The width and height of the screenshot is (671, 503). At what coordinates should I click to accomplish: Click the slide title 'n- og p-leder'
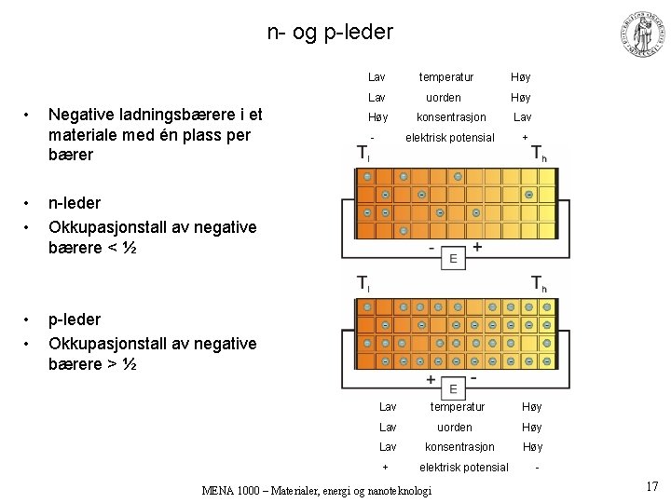pyautogui.click(x=330, y=33)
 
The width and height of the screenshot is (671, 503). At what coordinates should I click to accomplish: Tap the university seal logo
pyautogui.click(x=642, y=34)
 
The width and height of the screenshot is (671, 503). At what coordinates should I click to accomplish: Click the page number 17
pyautogui.click(x=651, y=485)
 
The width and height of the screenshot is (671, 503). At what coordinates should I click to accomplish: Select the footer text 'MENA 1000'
pyautogui.click(x=230, y=491)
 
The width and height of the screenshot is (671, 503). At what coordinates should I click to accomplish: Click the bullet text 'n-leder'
pyautogui.click(x=75, y=202)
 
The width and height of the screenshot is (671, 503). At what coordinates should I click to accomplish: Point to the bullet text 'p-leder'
pyautogui.click(x=75, y=319)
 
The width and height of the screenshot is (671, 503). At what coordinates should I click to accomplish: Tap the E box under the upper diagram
pyautogui.click(x=453, y=258)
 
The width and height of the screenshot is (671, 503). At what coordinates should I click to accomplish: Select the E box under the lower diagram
pyautogui.click(x=453, y=388)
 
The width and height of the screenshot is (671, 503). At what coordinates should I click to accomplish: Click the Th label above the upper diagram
pyautogui.click(x=539, y=154)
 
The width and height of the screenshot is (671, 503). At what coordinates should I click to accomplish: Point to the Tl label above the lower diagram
pyautogui.click(x=363, y=283)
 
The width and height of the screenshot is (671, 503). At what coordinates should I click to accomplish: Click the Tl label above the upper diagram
pyautogui.click(x=363, y=154)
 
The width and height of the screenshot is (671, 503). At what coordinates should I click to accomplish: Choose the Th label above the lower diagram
pyautogui.click(x=539, y=283)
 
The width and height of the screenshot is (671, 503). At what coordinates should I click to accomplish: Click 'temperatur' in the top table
pyautogui.click(x=445, y=77)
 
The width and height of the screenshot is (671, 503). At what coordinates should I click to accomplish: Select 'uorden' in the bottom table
pyautogui.click(x=455, y=427)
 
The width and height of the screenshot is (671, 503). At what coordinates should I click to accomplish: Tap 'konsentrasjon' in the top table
pyautogui.click(x=451, y=117)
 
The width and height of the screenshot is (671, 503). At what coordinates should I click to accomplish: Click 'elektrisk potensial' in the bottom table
pyautogui.click(x=464, y=467)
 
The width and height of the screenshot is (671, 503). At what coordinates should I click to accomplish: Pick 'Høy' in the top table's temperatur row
pyautogui.click(x=520, y=77)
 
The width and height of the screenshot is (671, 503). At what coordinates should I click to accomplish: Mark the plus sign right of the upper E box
pyautogui.click(x=477, y=248)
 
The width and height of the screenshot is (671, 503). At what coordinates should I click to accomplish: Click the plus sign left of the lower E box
pyautogui.click(x=431, y=380)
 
